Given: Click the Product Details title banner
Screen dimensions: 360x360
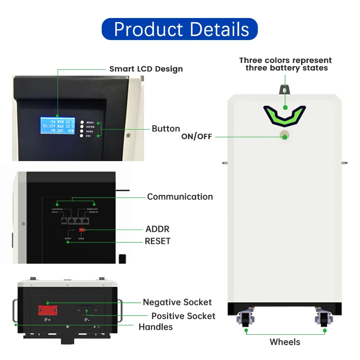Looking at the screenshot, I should [x=180, y=29].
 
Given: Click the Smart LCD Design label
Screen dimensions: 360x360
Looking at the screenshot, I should [x=146, y=69].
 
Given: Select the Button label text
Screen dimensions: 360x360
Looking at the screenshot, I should [x=166, y=129].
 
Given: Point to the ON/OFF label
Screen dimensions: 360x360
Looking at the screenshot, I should [x=196, y=136].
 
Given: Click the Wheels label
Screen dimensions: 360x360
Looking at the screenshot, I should [x=285, y=342].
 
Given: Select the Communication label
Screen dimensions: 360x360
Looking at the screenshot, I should [x=180, y=197].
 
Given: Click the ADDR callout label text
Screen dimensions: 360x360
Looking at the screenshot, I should [x=157, y=229].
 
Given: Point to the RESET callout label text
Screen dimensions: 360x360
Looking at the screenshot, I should [x=157, y=241].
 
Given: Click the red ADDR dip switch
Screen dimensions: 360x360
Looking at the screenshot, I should [x=82, y=230].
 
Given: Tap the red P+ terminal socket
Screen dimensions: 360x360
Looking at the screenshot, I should [x=47, y=310].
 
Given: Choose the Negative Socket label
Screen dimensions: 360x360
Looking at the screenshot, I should [x=177, y=302].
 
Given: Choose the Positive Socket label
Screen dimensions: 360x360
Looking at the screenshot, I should [x=183, y=316].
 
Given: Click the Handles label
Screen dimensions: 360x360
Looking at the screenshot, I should [x=156, y=327].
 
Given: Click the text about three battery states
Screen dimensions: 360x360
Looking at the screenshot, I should [x=285, y=64].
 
